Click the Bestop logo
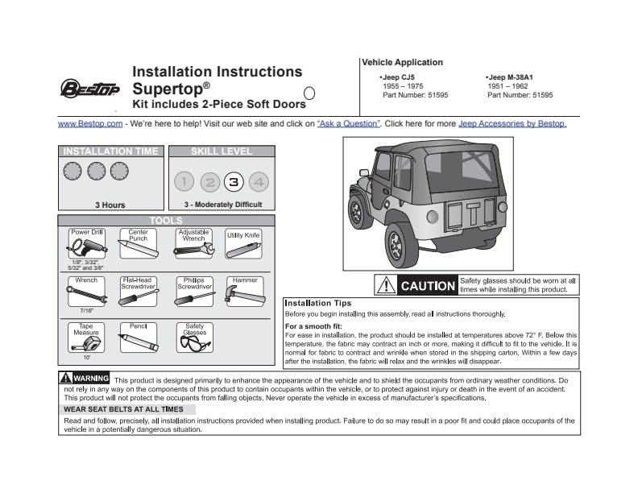[x=89, y=87]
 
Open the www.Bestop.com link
[x=90, y=124]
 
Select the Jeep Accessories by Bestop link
[x=512, y=124]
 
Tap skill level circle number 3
[x=234, y=181]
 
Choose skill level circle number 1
[x=184, y=181]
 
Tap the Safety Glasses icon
[x=194, y=342]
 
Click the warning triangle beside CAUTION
[x=387, y=285]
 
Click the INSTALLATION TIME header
[x=111, y=151]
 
